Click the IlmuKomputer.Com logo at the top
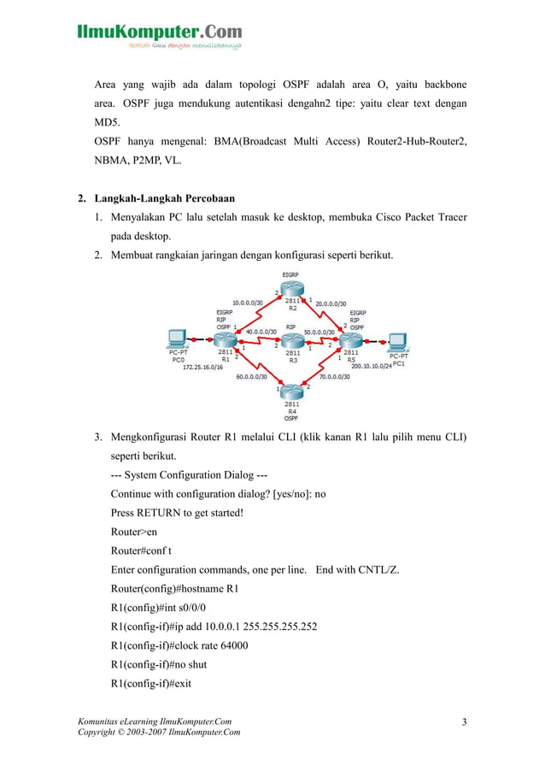pyautogui.click(x=159, y=33)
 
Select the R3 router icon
pyautogui.click(x=292, y=341)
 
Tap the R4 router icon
pyautogui.click(x=292, y=392)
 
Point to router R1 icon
pyautogui.click(x=225, y=341)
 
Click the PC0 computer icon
pyautogui.click(x=178, y=339)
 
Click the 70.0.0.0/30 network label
pyautogui.click(x=336, y=376)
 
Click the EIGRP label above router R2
pyautogui.click(x=291, y=274)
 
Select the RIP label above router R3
pyautogui.click(x=291, y=327)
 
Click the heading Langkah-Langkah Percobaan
pyautogui.click(x=165, y=199)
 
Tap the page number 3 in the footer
pyautogui.click(x=464, y=723)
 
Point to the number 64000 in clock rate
pyautogui.click(x=231, y=645)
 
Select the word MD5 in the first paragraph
pyautogui.click(x=107, y=122)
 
